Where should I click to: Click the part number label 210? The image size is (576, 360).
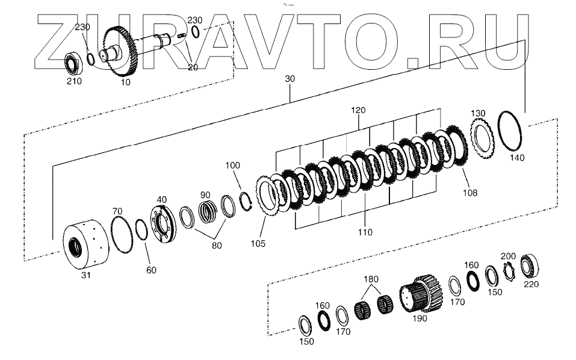[74, 81]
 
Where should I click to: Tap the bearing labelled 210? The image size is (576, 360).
[73, 63]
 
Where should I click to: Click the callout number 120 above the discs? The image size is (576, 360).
[359, 111]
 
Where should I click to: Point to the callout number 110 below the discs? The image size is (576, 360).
[365, 232]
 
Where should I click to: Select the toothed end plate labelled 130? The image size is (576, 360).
[482, 140]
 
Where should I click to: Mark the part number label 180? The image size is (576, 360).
[371, 279]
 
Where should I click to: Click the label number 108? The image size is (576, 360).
[470, 193]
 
